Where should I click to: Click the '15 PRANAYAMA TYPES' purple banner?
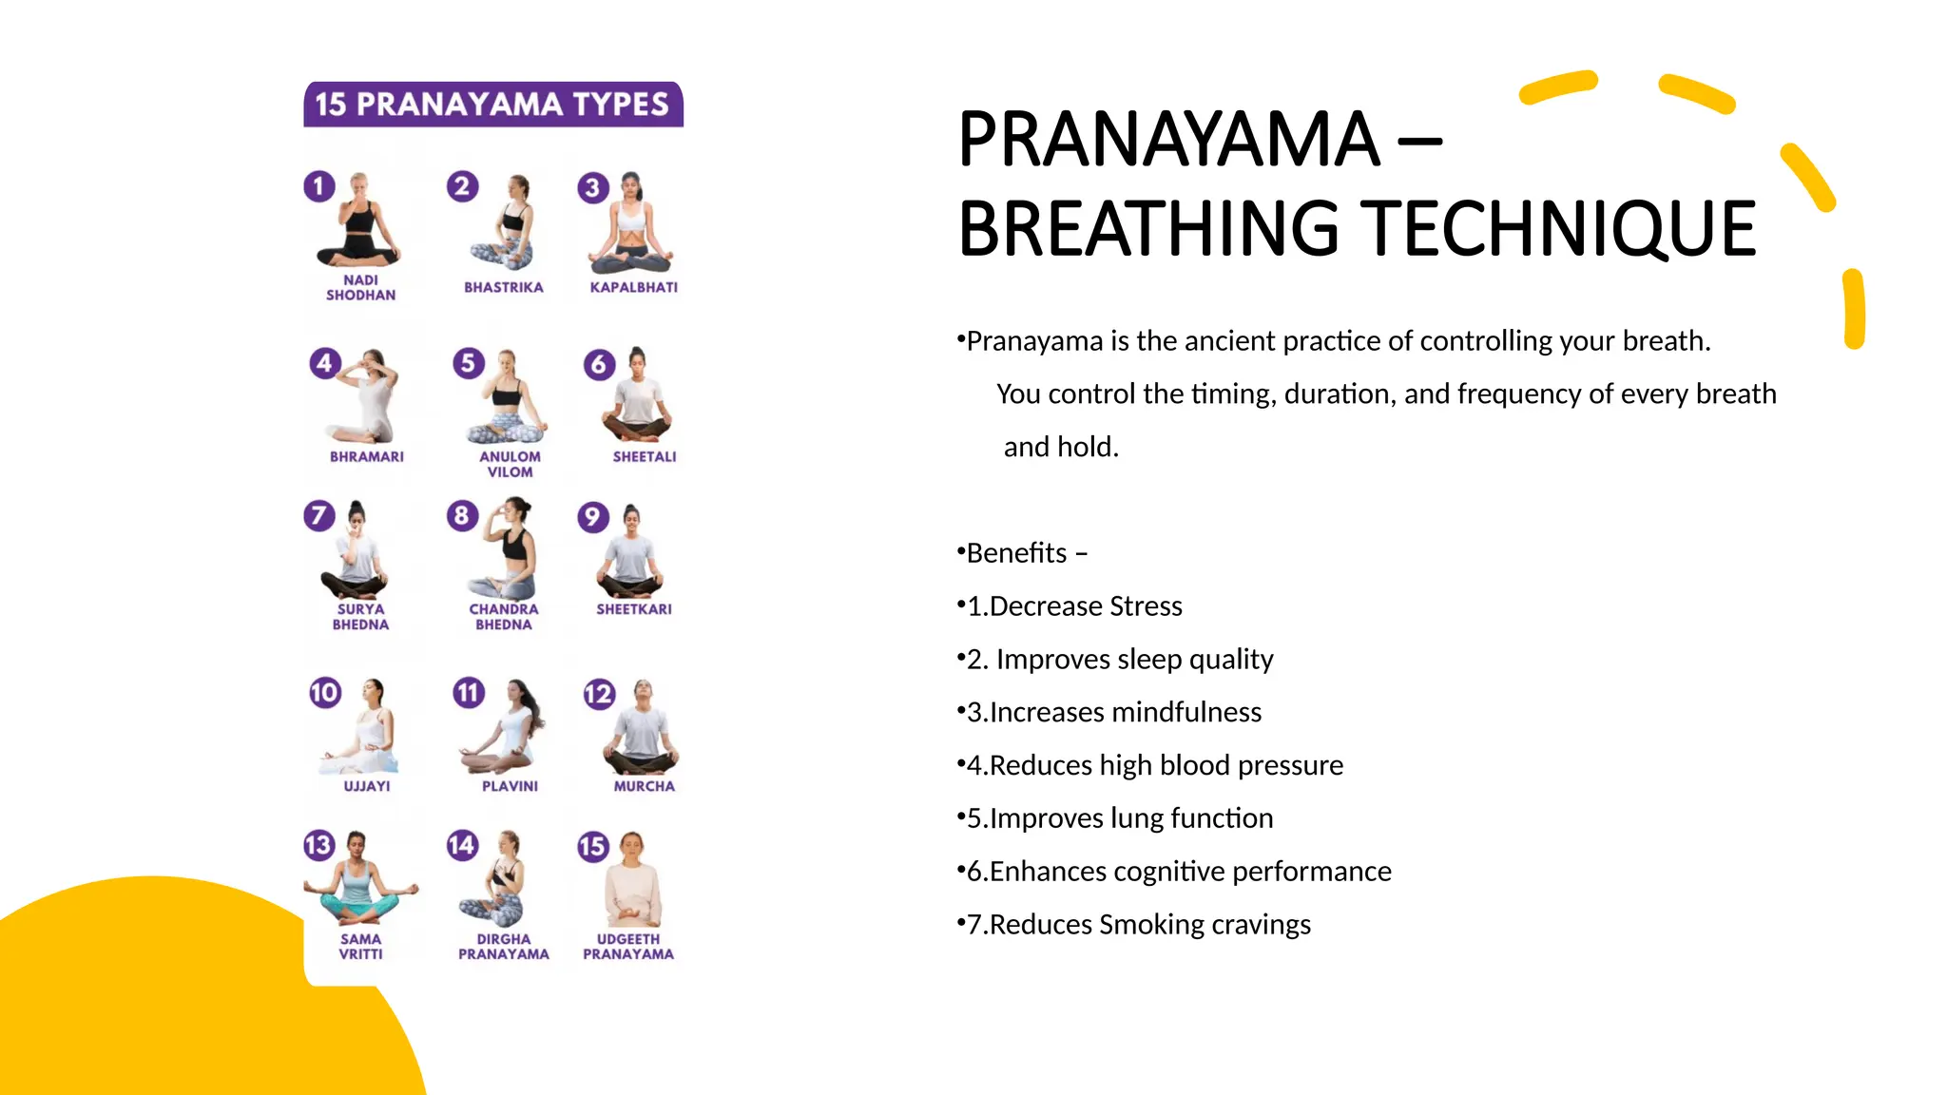tap(492, 104)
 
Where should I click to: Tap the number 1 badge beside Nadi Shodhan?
tap(319, 186)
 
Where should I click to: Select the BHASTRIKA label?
tap(503, 287)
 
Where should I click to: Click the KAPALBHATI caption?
tap(633, 287)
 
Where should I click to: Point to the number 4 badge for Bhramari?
tap(325, 363)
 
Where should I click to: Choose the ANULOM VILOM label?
tap(510, 464)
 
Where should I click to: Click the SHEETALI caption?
tap(644, 457)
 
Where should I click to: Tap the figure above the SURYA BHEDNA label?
tap(355, 551)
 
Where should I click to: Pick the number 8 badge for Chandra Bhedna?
tap(462, 516)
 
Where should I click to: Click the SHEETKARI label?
tap(633, 609)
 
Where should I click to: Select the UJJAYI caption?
tap(367, 786)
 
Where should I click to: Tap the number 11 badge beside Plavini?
tap(468, 693)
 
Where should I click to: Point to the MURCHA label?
tap(644, 786)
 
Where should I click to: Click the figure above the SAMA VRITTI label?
tap(359, 879)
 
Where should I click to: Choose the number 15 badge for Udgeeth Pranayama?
tap(592, 846)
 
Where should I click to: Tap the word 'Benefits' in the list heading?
tap(1016, 553)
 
